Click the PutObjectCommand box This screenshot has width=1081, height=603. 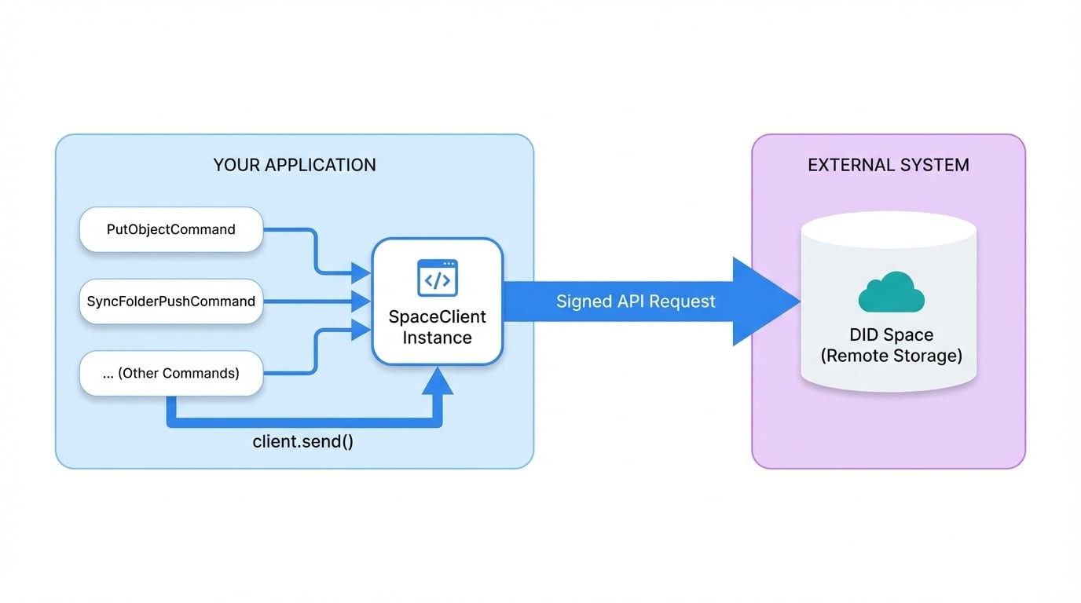click(171, 229)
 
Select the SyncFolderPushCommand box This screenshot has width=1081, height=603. click(171, 301)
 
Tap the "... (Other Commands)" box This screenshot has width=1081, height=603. click(171, 373)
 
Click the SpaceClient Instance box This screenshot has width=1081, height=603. click(437, 301)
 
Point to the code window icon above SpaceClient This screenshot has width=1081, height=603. click(438, 278)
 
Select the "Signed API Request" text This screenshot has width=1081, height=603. click(636, 301)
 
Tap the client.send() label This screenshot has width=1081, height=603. click(302, 441)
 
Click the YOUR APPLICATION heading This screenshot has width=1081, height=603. click(295, 165)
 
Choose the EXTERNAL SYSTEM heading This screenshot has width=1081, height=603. click(889, 165)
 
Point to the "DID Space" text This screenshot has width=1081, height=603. click(891, 335)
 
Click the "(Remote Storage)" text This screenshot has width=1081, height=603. click(891, 356)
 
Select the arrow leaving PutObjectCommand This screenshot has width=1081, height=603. click(314, 251)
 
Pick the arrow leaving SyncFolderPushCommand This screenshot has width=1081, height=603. click(314, 301)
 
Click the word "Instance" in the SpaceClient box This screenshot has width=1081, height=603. click(437, 338)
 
